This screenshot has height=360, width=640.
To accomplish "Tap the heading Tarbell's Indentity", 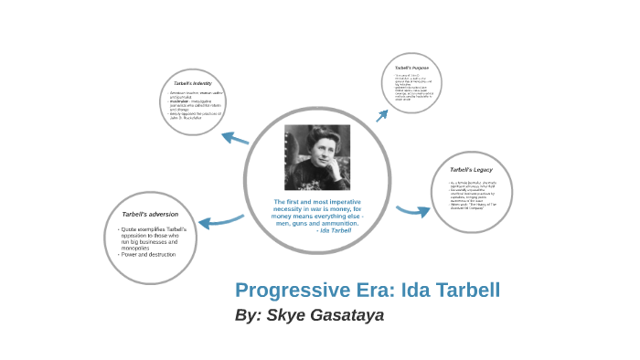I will click(x=193, y=83).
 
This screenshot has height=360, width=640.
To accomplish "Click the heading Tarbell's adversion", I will click(x=150, y=214).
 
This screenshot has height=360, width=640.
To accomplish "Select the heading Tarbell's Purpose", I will click(x=411, y=69).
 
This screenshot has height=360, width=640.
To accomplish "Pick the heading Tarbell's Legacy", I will click(x=472, y=170).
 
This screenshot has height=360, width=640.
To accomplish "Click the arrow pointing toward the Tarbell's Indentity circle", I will click(x=235, y=139).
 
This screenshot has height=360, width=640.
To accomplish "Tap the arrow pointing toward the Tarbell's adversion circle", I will click(x=221, y=220).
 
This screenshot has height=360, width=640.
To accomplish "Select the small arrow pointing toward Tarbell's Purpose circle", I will click(x=382, y=114).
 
